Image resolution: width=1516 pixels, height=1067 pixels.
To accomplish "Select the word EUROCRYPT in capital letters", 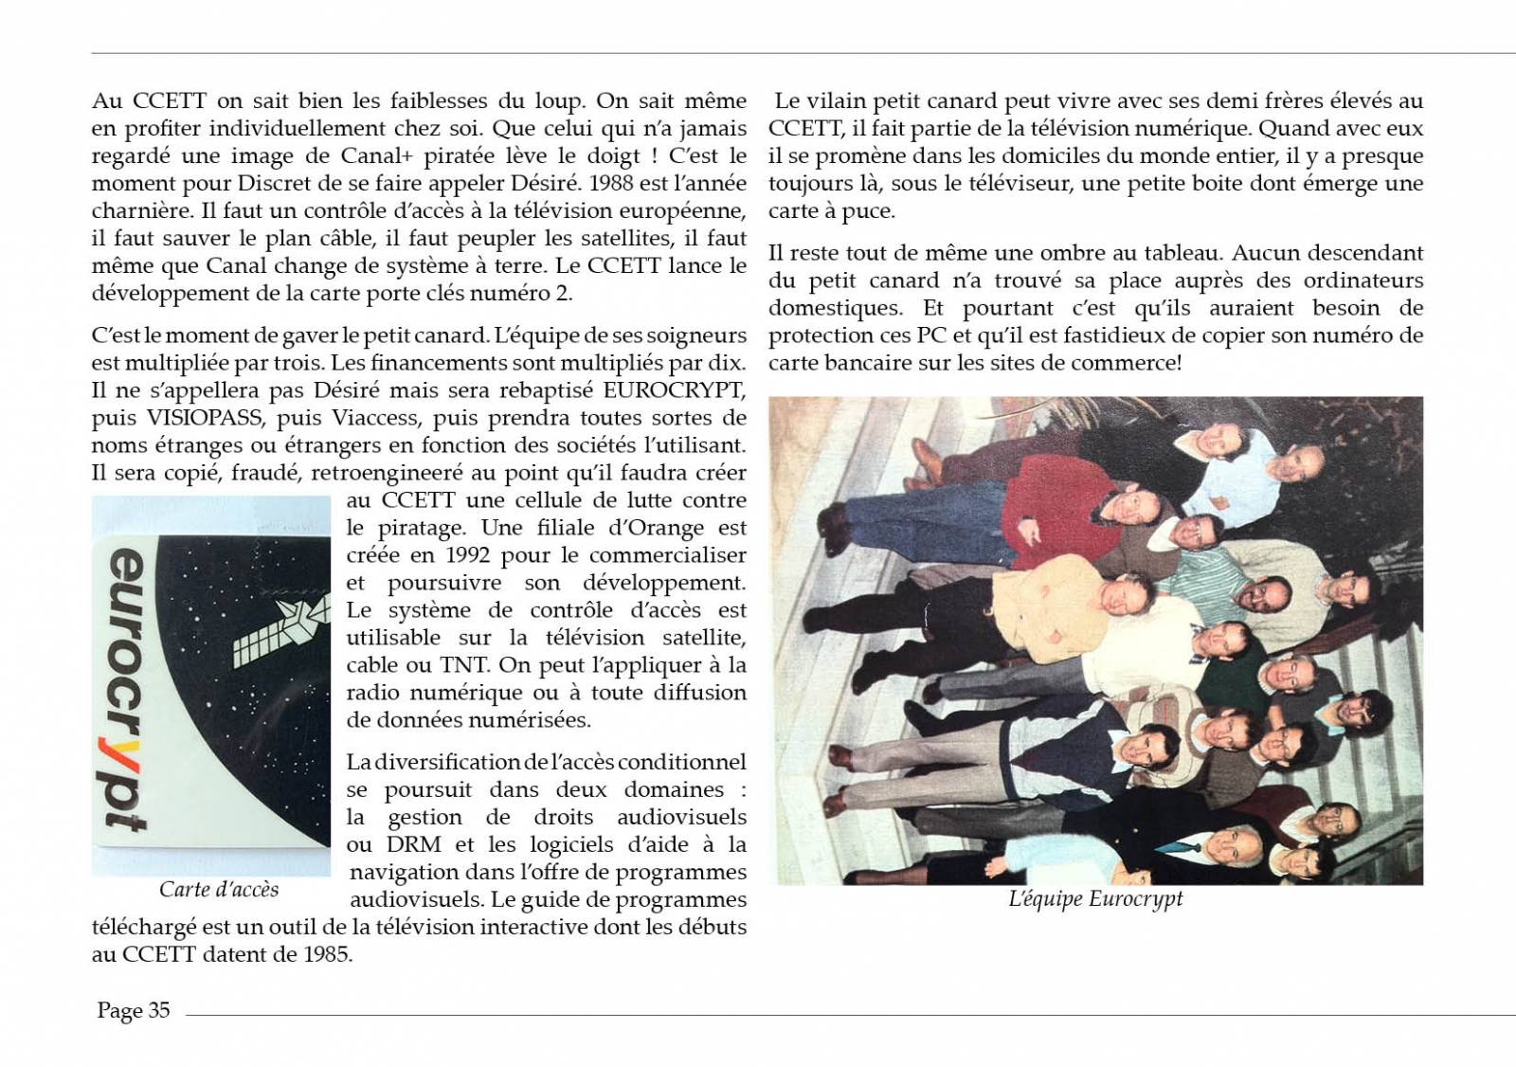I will coord(674,389).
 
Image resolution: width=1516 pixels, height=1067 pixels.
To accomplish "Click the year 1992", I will coord(467,555).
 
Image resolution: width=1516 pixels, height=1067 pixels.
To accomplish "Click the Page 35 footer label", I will coord(134,1011).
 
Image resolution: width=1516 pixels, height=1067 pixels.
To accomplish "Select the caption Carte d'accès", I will coord(219,890).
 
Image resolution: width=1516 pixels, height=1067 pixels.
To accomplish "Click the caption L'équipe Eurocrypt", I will coord(1095,899).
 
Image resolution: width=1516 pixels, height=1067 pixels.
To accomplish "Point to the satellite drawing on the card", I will coord(281,629).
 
